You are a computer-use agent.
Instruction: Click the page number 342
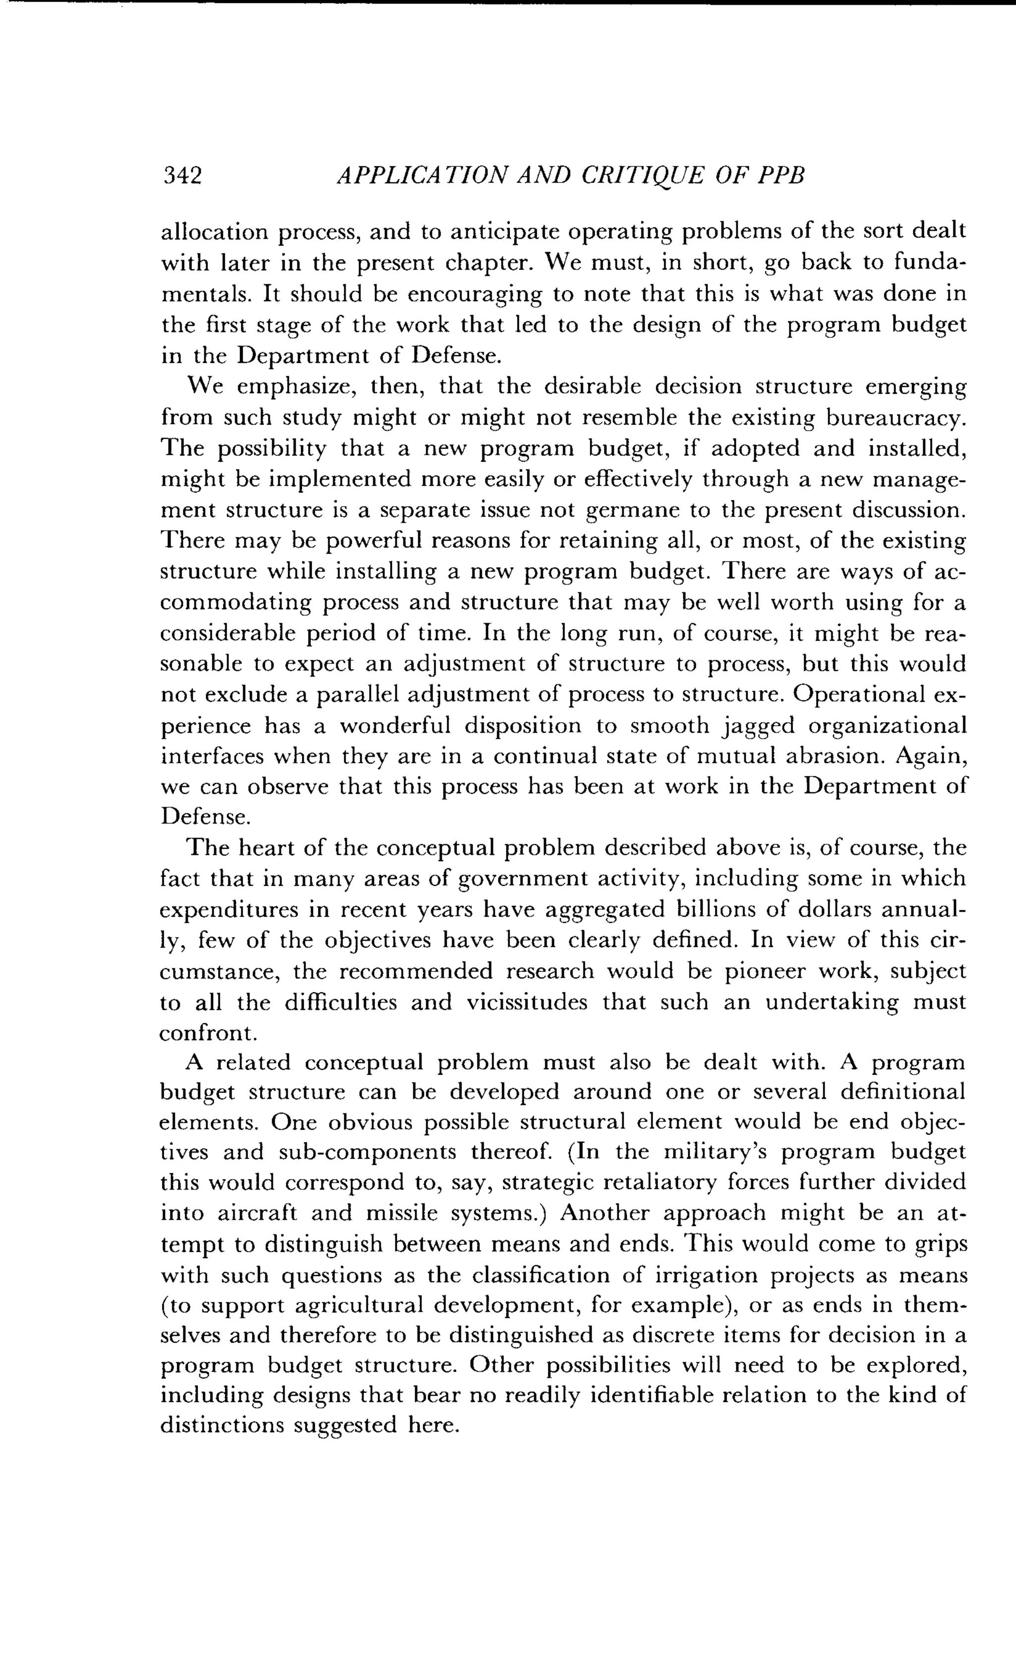182,176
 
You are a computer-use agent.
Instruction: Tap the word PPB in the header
780,176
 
